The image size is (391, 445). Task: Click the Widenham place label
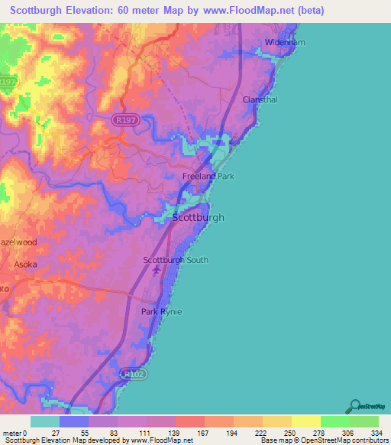(285, 43)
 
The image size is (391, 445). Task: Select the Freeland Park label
(208, 177)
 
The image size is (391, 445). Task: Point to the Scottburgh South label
(176, 260)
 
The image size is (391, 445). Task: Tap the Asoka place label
(25, 265)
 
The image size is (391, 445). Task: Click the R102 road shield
(132, 375)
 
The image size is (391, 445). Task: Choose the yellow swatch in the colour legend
(305, 421)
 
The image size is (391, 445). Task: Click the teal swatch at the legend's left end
(45, 421)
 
